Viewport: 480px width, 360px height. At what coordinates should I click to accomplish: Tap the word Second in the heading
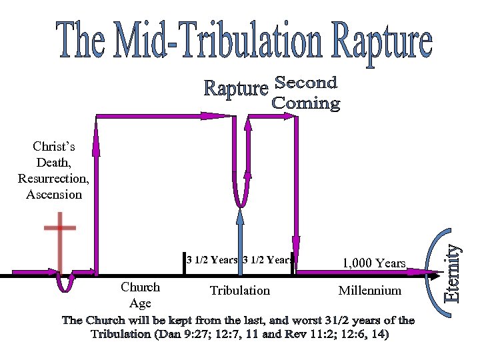[306, 83]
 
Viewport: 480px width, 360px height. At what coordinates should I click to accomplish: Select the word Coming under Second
[306, 103]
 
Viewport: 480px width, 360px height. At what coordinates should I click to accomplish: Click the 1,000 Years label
[374, 263]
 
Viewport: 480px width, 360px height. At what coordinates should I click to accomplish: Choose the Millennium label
[370, 290]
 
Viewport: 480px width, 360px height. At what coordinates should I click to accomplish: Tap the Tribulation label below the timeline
[240, 290]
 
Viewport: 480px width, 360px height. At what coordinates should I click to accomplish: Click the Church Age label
[140, 295]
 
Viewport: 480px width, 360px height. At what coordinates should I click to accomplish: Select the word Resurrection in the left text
[53, 179]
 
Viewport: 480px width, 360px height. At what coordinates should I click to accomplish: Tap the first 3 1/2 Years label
[212, 260]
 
